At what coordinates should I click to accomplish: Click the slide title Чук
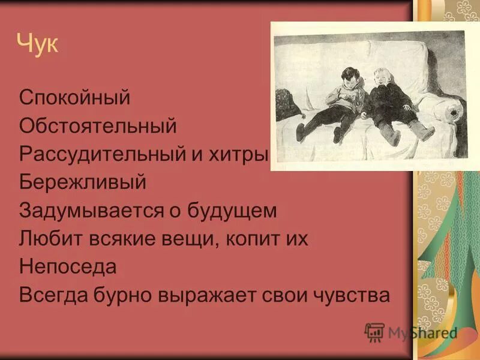click(37, 44)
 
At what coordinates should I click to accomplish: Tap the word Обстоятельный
click(98, 125)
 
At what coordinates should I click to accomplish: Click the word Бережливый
click(82, 182)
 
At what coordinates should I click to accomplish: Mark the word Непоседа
click(67, 266)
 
